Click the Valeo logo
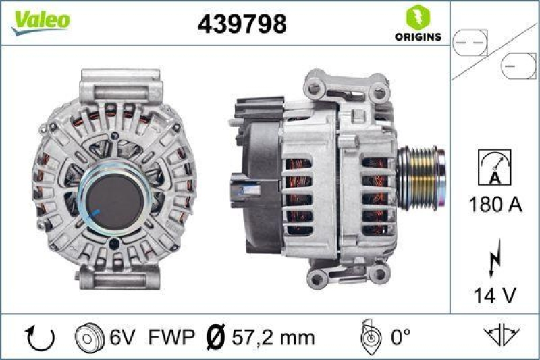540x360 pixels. tap(40, 20)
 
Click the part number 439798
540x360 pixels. tap(242, 24)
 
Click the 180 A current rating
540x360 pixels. tap(495, 204)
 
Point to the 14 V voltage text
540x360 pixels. tap(494, 294)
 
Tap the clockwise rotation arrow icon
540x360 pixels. tap(33, 336)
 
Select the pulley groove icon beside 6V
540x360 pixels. tap(88, 336)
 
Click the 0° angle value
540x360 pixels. tap(400, 336)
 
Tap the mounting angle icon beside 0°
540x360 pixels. tap(368, 336)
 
